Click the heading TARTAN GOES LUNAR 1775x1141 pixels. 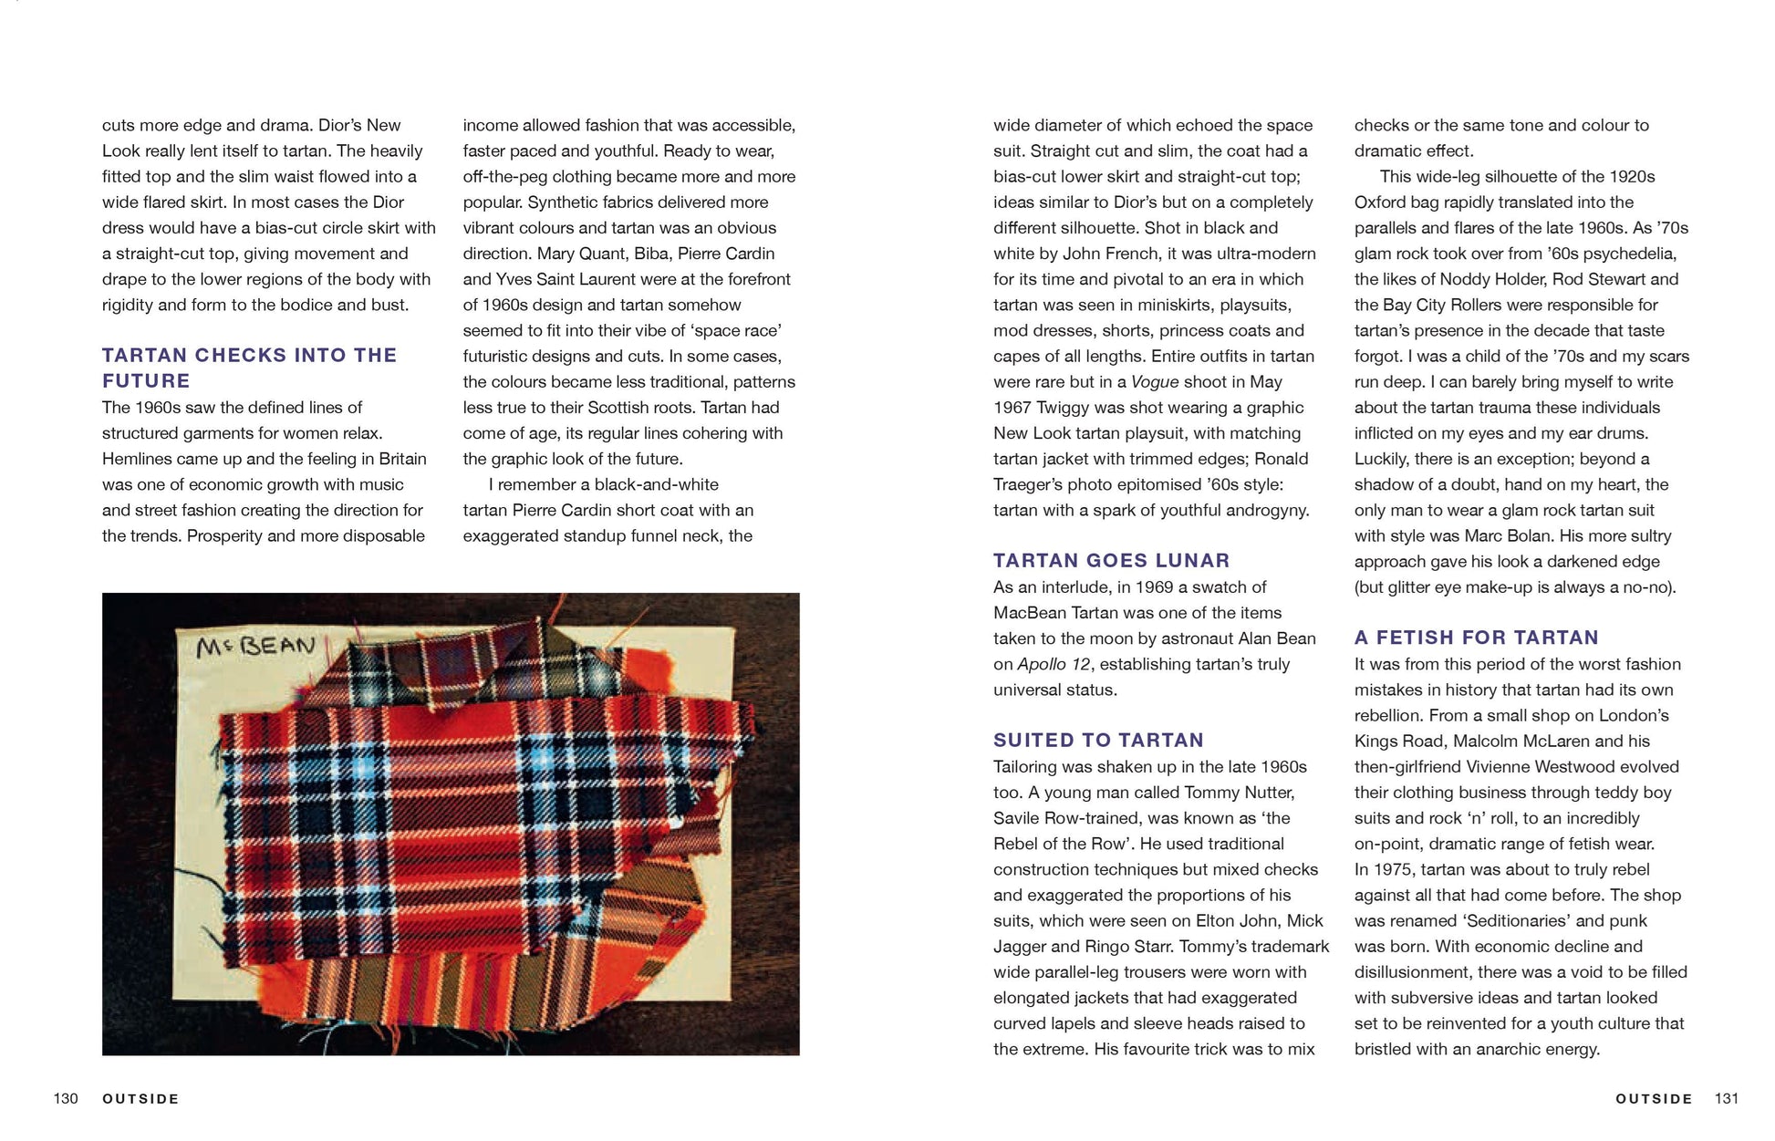tap(1111, 561)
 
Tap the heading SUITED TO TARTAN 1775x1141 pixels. tap(1098, 741)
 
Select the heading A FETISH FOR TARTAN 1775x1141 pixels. tap(1476, 638)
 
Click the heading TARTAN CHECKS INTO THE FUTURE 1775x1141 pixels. tap(249, 368)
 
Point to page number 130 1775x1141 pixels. tap(66, 1098)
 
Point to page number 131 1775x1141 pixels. tap(1726, 1098)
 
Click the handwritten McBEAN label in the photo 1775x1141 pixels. tap(255, 646)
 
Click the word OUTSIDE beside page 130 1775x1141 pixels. tap(140, 1098)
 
